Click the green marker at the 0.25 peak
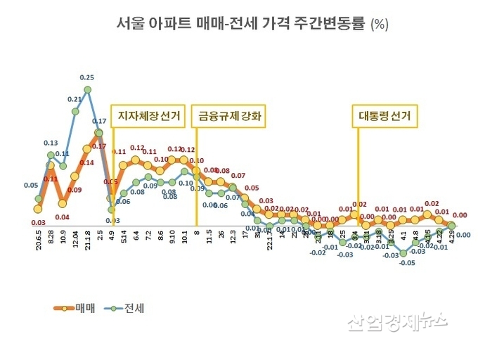click(x=88, y=90)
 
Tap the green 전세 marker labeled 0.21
click(x=75, y=111)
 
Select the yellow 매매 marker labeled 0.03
click(x=38, y=208)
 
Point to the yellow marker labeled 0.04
click(x=63, y=203)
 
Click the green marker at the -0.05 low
click(x=403, y=253)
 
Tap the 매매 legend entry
click(x=78, y=308)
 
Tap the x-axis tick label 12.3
click(x=232, y=243)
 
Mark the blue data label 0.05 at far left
click(x=31, y=186)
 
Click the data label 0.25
click(x=88, y=77)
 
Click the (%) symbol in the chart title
click(x=379, y=24)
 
